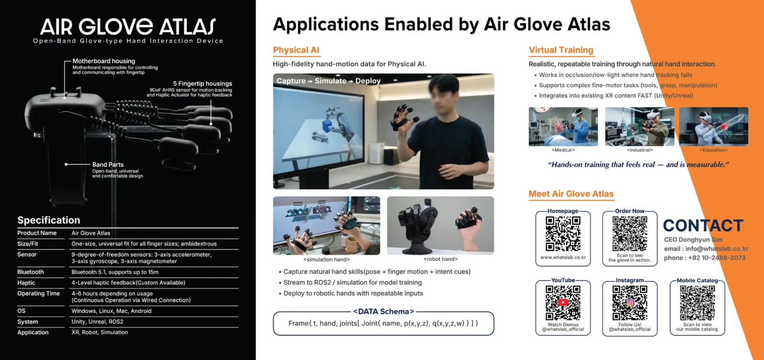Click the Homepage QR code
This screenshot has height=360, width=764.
(x=563, y=234)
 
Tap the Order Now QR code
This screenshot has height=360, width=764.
(x=630, y=234)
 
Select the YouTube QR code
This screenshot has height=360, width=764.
(x=563, y=303)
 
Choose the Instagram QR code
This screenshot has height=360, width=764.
(x=630, y=303)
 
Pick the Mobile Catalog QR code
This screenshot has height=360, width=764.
(x=697, y=303)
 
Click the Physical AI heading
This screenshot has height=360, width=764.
(x=296, y=50)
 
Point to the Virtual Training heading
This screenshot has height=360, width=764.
(x=561, y=50)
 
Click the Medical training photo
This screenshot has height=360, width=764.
(x=563, y=127)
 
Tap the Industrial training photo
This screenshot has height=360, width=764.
(x=639, y=127)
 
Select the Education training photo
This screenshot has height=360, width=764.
(x=713, y=127)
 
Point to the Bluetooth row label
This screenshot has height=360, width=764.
(x=31, y=272)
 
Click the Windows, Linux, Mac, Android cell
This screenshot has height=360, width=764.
(x=111, y=311)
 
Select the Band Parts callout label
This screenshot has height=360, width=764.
(x=108, y=164)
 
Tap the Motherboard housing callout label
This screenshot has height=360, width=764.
(x=104, y=61)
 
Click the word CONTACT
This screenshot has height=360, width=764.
(x=703, y=226)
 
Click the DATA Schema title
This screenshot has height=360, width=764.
(x=383, y=312)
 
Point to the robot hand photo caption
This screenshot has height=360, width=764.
(x=441, y=259)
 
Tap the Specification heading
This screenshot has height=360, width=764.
(x=49, y=220)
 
